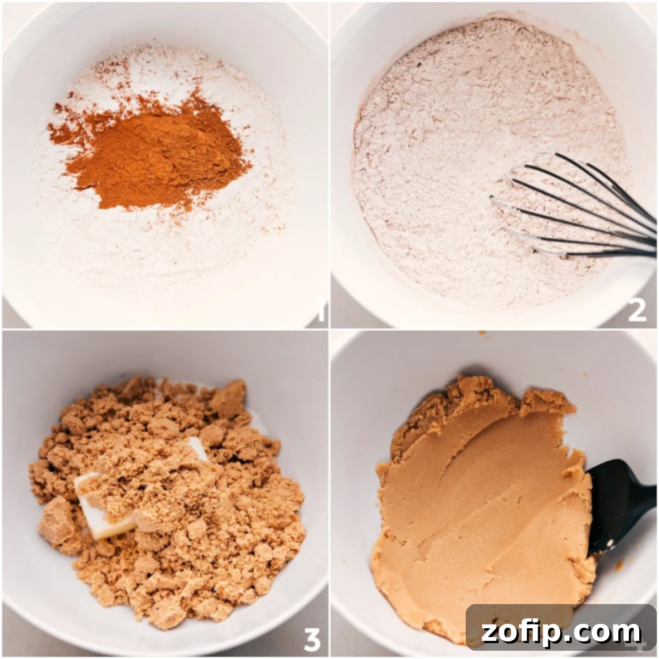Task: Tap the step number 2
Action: (637, 311)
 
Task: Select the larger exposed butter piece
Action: (104, 508)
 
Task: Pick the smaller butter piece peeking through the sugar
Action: (196, 448)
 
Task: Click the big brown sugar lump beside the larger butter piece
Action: (57, 519)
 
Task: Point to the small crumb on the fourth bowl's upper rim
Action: (482, 333)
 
